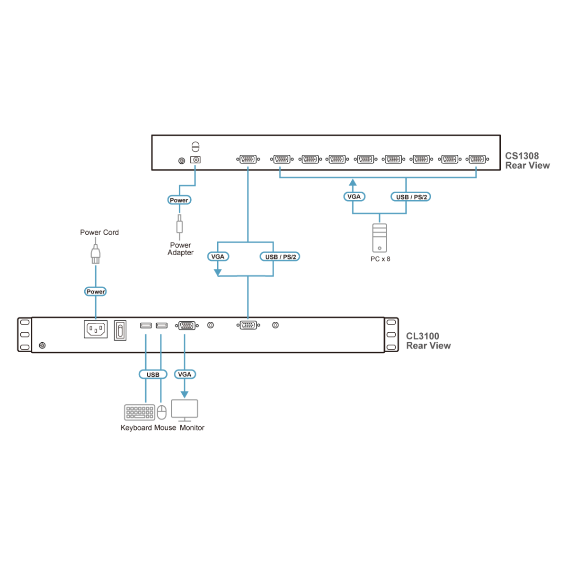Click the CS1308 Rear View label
click(527, 160)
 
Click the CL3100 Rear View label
click(428, 341)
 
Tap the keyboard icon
click(139, 412)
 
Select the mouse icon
click(161, 412)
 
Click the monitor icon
click(185, 410)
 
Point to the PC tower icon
click(380, 238)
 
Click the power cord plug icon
click(96, 254)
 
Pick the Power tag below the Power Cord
click(96, 292)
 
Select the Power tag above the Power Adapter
click(179, 200)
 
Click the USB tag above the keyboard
click(153, 374)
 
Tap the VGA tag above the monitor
click(185, 374)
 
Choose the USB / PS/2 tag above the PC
click(411, 197)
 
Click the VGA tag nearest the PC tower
click(354, 197)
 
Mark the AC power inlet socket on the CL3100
click(96, 329)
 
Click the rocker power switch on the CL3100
click(120, 330)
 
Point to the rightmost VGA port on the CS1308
click(477, 160)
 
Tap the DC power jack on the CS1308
click(195, 160)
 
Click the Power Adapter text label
click(180, 249)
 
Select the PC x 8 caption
click(380, 259)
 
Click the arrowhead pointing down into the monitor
click(185, 394)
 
